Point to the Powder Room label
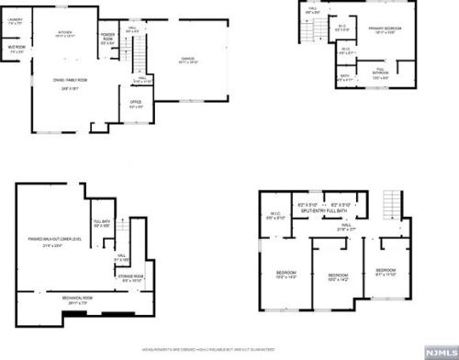point(109,40)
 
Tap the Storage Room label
point(130,278)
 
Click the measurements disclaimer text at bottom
point(229,350)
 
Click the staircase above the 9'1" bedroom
point(392,202)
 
